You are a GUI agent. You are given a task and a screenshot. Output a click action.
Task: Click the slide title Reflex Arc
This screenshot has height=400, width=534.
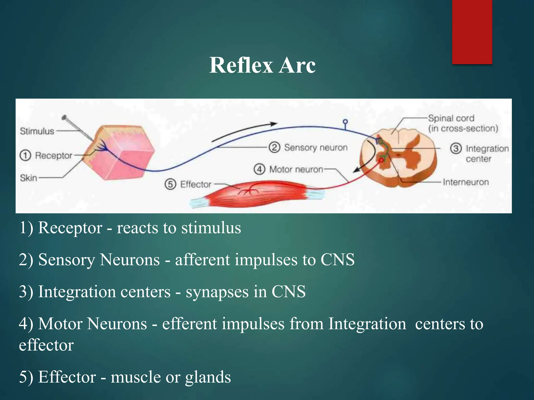262,65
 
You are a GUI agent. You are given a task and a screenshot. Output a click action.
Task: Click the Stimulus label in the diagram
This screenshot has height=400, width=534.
37,131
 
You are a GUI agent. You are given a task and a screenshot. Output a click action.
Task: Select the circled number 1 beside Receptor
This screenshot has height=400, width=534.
25,155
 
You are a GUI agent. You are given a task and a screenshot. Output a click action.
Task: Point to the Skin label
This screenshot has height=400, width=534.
28,178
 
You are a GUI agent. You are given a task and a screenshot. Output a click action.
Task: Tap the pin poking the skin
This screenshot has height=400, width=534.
77,128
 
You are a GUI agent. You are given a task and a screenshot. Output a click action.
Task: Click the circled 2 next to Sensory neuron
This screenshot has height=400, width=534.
274,147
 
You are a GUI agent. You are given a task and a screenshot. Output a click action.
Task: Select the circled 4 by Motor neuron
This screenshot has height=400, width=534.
259,169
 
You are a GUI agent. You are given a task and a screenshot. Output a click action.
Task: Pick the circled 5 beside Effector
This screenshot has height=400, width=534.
170,184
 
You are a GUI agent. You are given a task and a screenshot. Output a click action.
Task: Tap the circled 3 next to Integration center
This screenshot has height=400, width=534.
456,148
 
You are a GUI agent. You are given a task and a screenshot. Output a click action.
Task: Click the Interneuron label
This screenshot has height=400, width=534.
466,182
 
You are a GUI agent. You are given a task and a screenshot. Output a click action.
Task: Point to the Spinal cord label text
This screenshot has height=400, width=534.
451,118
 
